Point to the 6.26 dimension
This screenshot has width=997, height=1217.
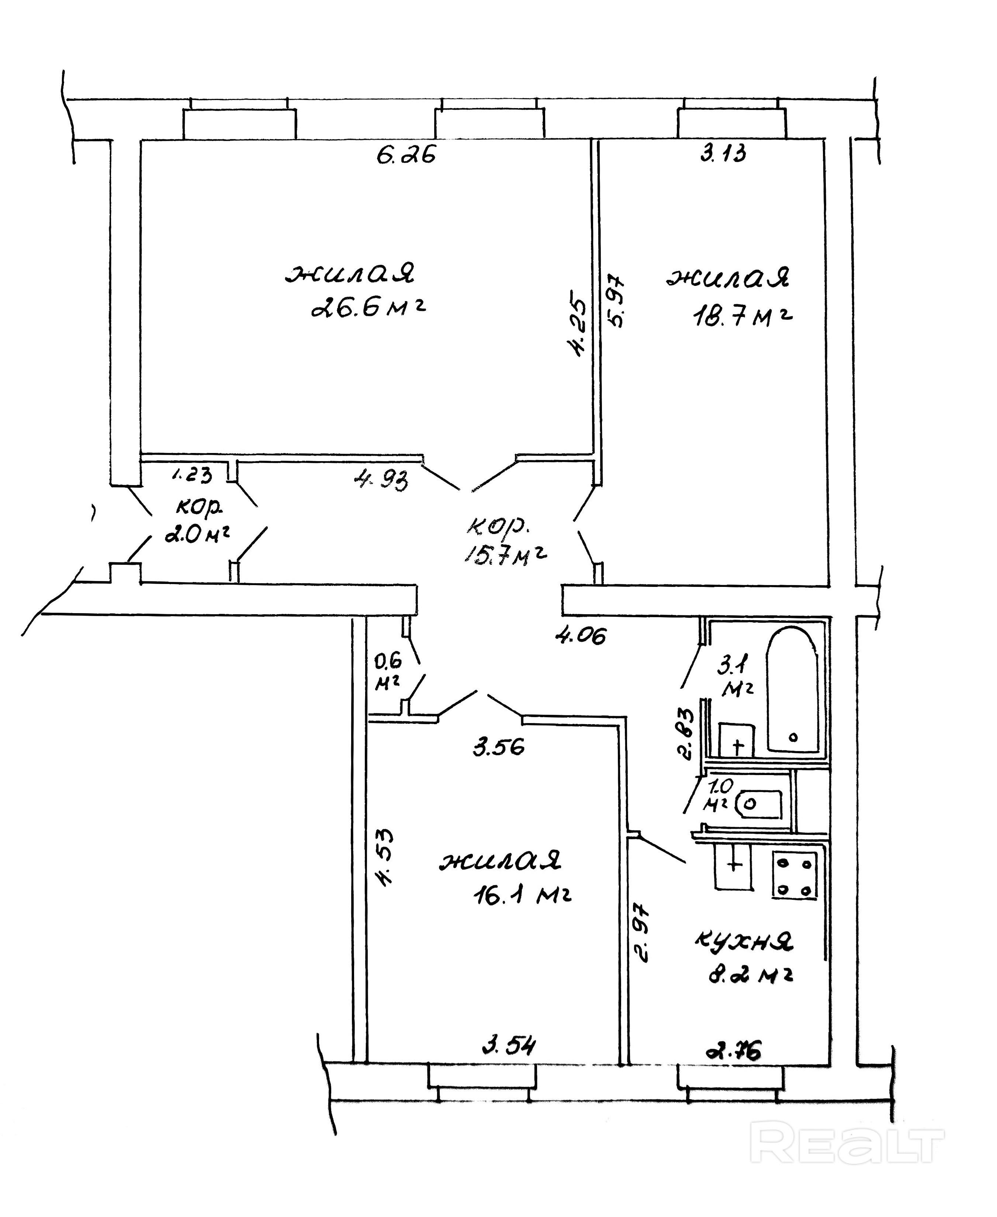click(x=406, y=155)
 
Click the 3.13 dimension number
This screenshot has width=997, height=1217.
click(x=723, y=153)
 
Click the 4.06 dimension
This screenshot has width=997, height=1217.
click(x=581, y=635)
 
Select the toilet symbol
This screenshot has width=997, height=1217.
click(x=761, y=804)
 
